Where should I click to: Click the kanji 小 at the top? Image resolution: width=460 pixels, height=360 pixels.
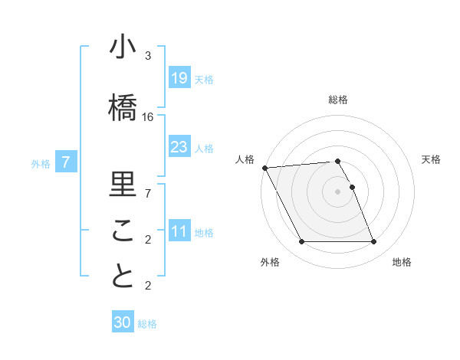coord(123,47)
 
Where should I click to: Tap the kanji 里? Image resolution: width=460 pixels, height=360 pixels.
coord(123,184)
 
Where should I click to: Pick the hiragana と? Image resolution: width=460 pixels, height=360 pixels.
coord(123,277)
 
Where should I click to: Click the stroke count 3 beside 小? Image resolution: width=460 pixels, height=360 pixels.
coord(148,56)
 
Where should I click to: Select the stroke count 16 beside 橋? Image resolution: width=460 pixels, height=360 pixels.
coord(148,116)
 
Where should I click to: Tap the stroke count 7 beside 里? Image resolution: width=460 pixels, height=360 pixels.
coord(148,193)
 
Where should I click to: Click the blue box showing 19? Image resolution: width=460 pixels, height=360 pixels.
coord(179,78)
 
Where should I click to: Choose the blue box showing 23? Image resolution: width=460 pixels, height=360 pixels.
coord(179,147)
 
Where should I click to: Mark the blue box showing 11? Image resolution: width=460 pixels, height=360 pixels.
coord(179,231)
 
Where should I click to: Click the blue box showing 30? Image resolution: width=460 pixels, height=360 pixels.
coord(123,323)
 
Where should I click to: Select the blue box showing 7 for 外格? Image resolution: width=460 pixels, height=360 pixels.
coord(66,162)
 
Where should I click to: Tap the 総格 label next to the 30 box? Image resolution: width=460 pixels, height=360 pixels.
coord(147,324)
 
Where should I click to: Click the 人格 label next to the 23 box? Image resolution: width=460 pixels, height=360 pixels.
coord(204,148)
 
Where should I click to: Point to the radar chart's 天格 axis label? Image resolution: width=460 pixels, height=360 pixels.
coord(432,159)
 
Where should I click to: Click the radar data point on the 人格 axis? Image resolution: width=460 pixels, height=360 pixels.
coord(264,168)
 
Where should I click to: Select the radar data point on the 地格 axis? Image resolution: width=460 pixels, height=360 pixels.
coord(374,242)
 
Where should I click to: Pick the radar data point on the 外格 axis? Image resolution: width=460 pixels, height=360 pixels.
coord(301,242)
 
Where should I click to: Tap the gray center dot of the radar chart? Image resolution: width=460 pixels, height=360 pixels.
coord(338,191)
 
